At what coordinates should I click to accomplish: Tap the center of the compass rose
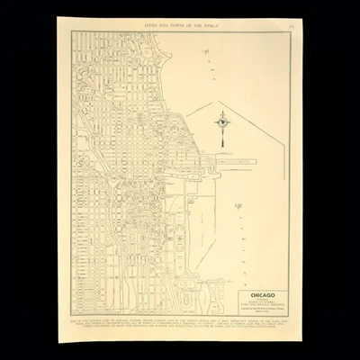pyautogui.click(x=222, y=120)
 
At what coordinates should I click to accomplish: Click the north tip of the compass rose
pyautogui.click(x=222, y=110)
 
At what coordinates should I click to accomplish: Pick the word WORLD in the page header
pyautogui.click(x=215, y=24)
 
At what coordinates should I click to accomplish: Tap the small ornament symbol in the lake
pyautogui.click(x=238, y=208)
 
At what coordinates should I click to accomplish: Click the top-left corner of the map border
pyautogui.click(x=72, y=31)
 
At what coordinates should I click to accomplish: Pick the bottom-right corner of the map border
pyautogui.click(x=290, y=317)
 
